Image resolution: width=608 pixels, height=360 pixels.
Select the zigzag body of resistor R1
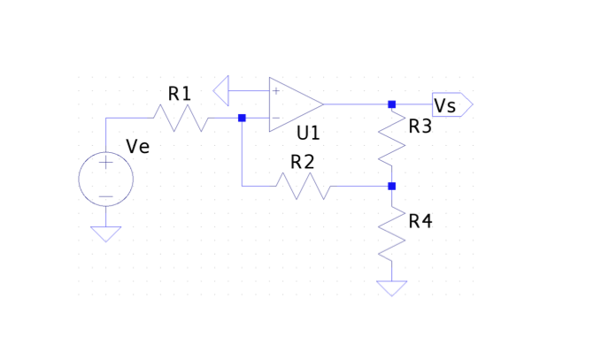pos(181,118)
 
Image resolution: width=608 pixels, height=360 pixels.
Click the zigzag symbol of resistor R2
pos(303,186)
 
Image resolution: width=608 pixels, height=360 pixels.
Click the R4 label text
pos(420,221)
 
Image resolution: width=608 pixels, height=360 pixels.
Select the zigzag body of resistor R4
pos(391,235)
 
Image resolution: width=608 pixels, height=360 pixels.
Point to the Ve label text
pos(138,147)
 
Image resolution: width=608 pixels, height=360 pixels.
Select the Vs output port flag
pos(451,104)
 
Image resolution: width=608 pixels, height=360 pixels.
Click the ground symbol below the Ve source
pos(106,234)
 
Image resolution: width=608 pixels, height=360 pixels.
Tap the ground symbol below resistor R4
pos(391,288)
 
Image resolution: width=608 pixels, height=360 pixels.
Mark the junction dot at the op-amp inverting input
pos(242,118)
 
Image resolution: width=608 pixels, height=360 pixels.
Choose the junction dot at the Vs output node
pos(391,104)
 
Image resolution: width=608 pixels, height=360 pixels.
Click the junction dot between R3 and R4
pos(391,186)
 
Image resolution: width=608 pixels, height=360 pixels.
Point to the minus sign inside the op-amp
pos(276,118)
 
